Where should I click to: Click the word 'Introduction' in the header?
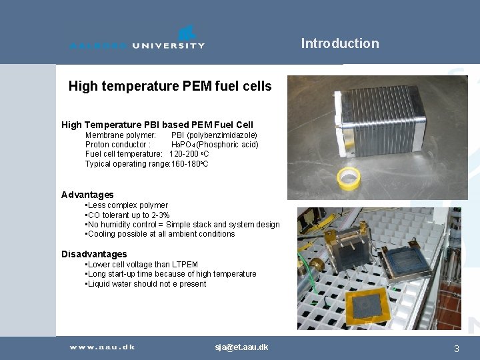339,44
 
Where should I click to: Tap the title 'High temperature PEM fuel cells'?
170,86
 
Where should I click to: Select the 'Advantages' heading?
87,195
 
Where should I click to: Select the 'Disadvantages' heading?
94,254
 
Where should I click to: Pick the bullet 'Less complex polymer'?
127,205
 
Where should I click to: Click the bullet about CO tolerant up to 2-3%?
128,215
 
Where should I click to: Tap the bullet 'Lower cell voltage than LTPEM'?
142,265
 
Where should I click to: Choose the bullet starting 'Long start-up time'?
171,274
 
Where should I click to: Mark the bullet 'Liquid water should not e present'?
147,284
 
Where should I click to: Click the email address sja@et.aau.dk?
241,347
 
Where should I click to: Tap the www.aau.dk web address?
103,347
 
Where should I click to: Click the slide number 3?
456,349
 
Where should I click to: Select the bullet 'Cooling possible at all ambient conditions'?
161,234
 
